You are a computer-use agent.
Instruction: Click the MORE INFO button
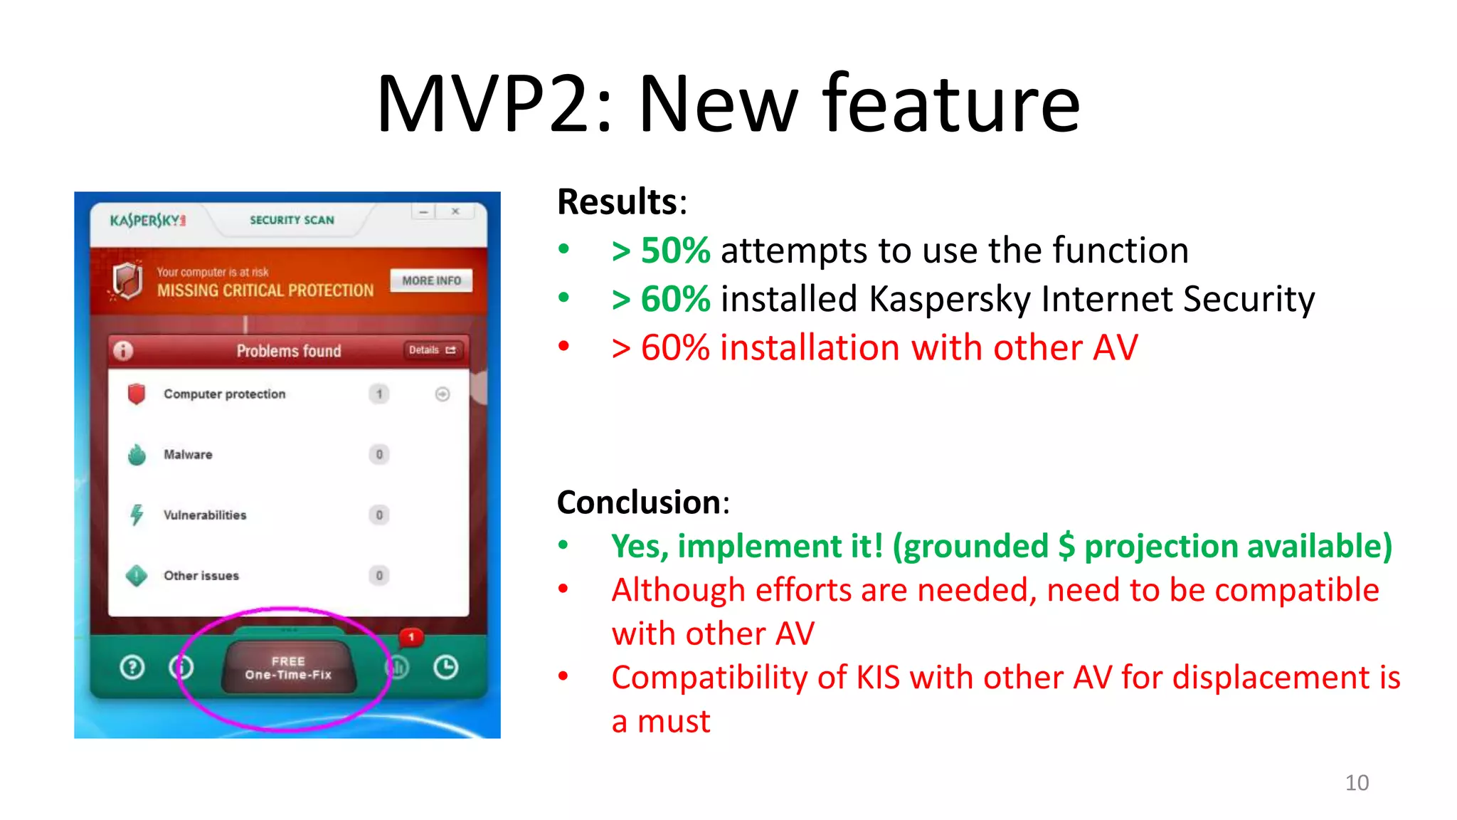click(431, 280)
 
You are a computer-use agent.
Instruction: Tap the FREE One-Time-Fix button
click(288, 668)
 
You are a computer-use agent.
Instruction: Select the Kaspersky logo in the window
click(147, 220)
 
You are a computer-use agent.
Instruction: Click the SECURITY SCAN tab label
click(292, 220)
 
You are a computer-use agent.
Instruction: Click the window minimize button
click(423, 211)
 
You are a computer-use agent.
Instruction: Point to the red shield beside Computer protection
click(137, 394)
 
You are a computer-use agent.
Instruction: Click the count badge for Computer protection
click(379, 394)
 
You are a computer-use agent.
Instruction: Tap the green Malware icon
click(137, 454)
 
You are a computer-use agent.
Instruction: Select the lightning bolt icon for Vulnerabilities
click(137, 514)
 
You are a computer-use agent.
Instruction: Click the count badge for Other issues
click(379, 575)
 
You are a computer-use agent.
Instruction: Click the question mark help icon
click(132, 668)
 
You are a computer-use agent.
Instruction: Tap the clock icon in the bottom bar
click(446, 668)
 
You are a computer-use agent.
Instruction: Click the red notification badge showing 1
click(411, 637)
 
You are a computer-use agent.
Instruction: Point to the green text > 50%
click(661, 251)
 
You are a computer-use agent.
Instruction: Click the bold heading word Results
click(618, 202)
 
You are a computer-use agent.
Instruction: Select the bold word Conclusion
click(638, 503)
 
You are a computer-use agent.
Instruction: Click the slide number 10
click(1357, 783)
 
